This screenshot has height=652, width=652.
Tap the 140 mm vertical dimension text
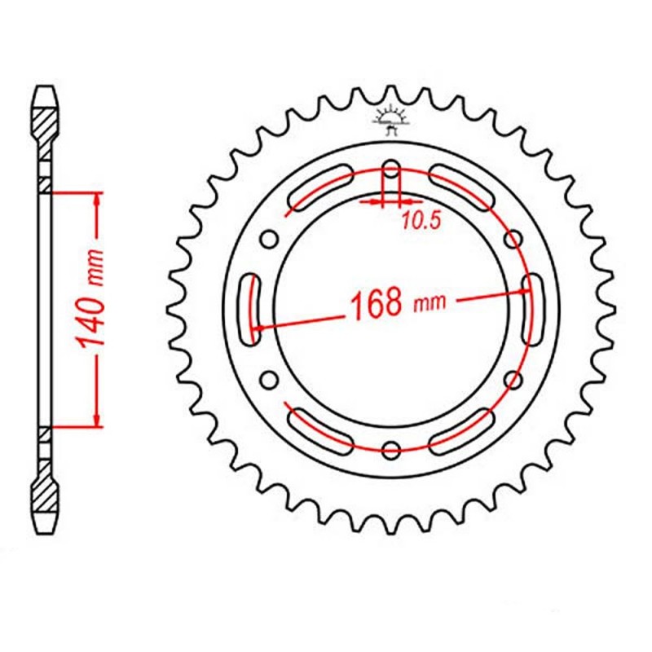click(91, 299)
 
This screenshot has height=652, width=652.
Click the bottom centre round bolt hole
click(391, 449)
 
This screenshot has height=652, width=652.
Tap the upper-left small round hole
click(270, 239)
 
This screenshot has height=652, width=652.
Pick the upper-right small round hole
click(513, 239)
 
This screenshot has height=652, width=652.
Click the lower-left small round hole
click(270, 379)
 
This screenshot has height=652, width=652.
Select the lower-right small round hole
click(513, 379)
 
